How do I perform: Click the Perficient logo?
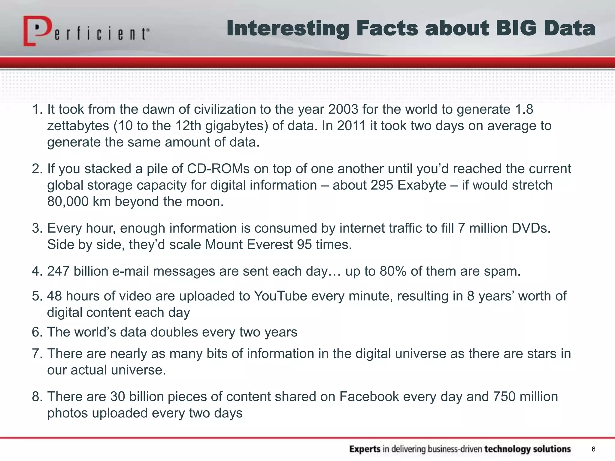pyautogui.click(x=86, y=31)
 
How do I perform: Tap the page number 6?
pyautogui.click(x=593, y=449)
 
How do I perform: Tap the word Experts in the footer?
pyautogui.click(x=365, y=449)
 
